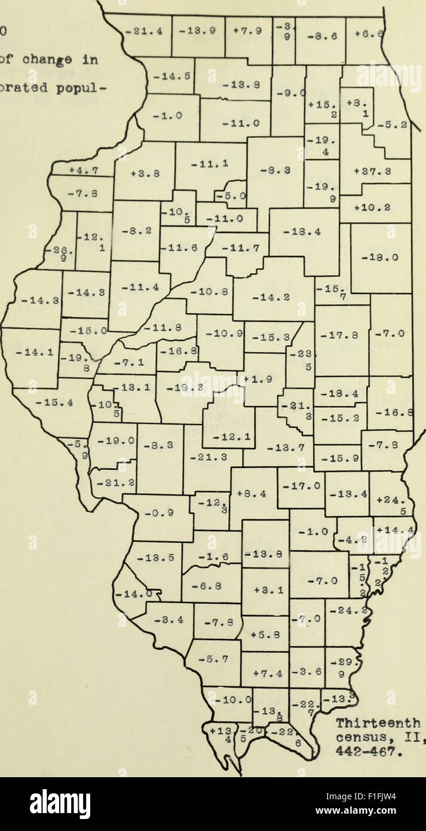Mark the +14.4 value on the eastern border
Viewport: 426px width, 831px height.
[x=394, y=529]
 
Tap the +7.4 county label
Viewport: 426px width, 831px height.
[x=265, y=674]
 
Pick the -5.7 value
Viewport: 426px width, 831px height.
[x=213, y=661]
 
